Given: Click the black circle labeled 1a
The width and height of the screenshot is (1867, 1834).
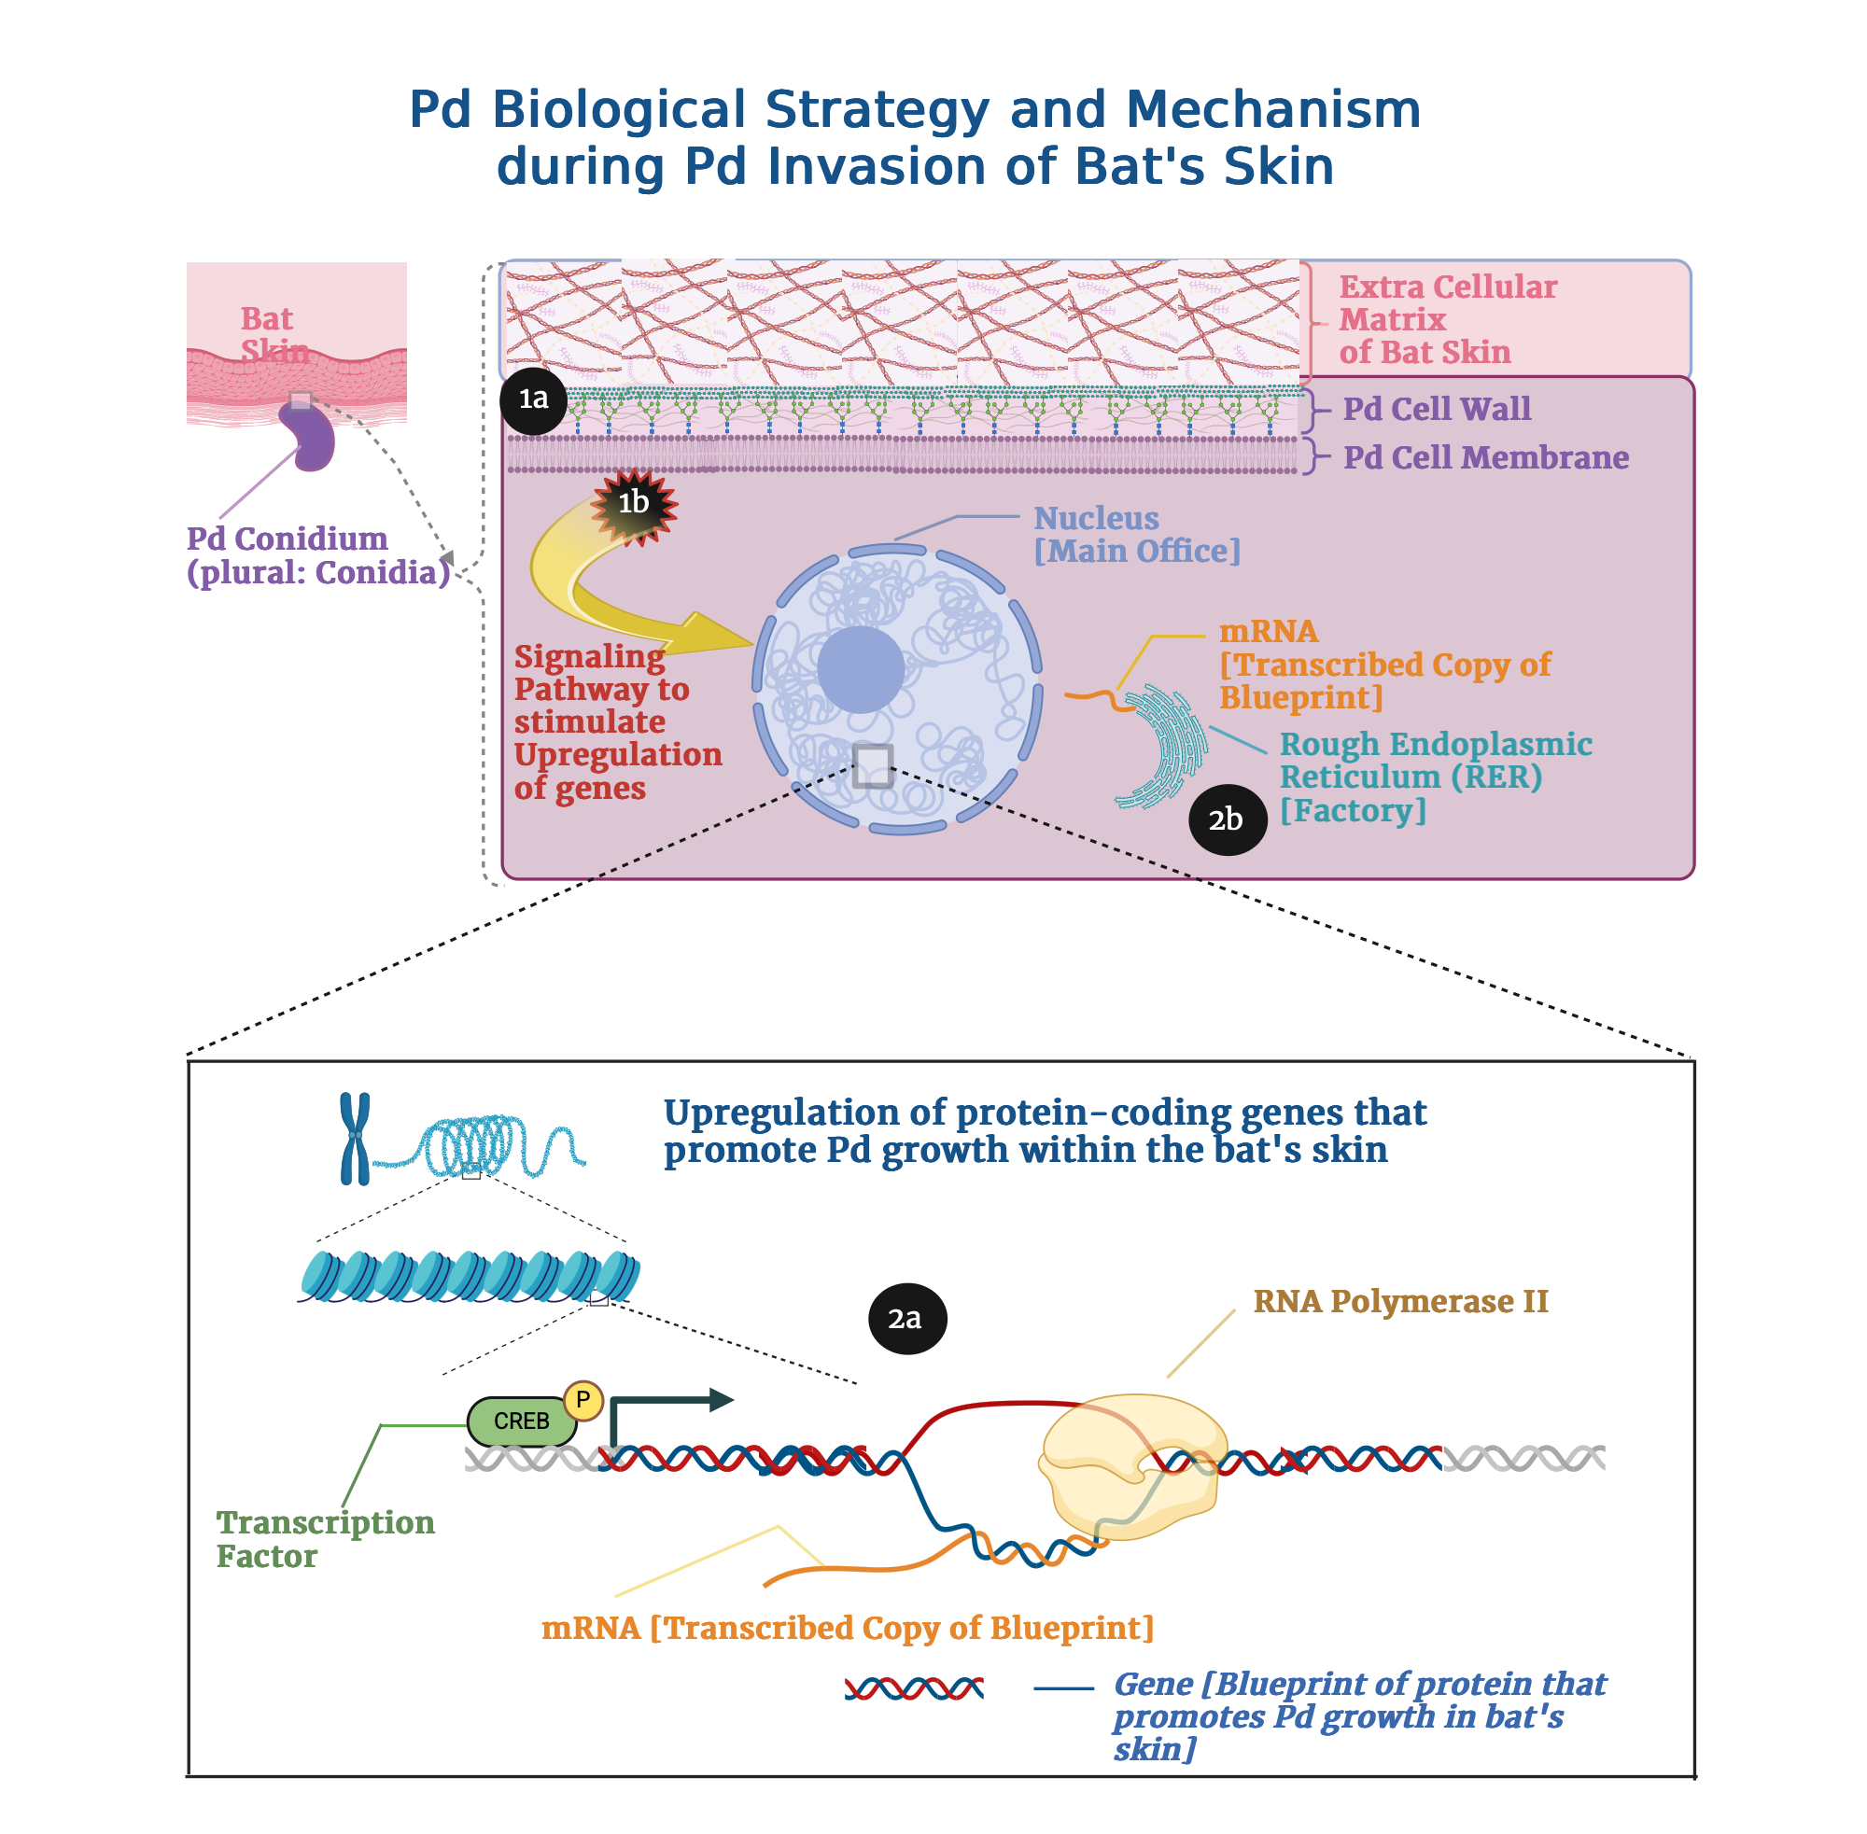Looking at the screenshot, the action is pyautogui.click(x=533, y=399).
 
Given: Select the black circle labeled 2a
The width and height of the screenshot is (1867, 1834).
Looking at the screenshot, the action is pyautogui.click(x=906, y=1318).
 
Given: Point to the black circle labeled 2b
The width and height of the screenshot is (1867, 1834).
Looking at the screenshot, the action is pyautogui.click(x=1227, y=819).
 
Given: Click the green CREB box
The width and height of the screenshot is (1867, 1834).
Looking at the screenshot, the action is pyautogui.click(x=521, y=1421).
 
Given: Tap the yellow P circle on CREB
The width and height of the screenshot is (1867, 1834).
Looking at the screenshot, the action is pyautogui.click(x=583, y=1400).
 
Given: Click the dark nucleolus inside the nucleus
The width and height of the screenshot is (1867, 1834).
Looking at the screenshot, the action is pyautogui.click(x=861, y=669).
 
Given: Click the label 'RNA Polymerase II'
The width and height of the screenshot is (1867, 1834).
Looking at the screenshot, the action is pyautogui.click(x=1399, y=1301).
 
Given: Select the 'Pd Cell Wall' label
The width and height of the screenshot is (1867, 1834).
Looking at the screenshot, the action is pyautogui.click(x=1437, y=409).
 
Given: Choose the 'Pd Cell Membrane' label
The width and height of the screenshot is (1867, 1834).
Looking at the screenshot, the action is pyautogui.click(x=1485, y=457).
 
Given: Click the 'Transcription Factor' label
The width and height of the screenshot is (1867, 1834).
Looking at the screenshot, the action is pyautogui.click(x=325, y=1538).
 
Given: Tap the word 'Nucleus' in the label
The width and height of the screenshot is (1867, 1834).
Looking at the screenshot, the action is pyautogui.click(x=1096, y=518).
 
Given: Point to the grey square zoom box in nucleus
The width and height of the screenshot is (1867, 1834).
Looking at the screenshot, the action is pyautogui.click(x=873, y=765).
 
